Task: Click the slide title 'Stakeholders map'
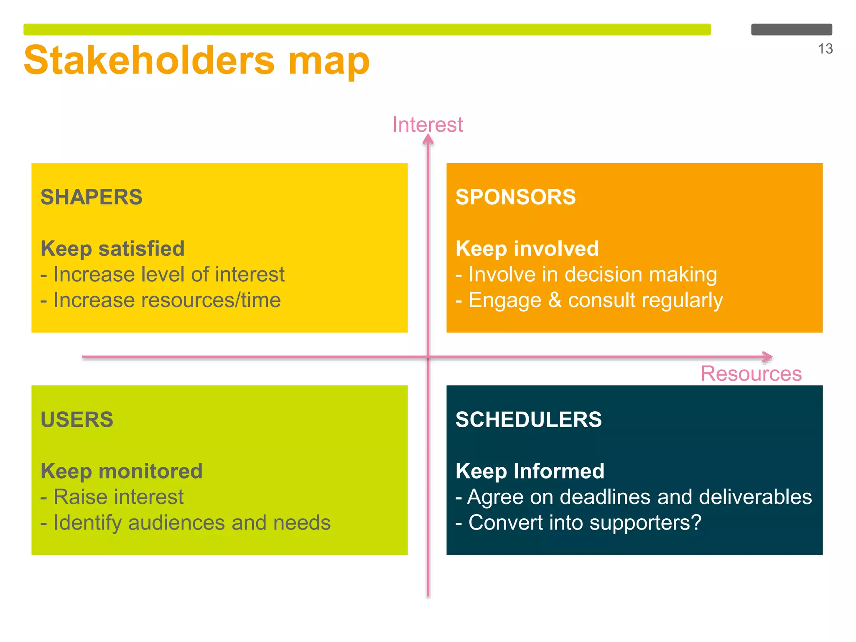coord(196,61)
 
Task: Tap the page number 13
coord(825,49)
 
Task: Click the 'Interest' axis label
coord(427,125)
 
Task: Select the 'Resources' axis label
coord(751,373)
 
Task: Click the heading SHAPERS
coord(92,197)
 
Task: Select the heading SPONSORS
coord(515,197)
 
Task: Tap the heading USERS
coord(77,419)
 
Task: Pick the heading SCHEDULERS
coord(528,419)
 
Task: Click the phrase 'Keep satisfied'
coord(112,249)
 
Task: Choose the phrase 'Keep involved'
coord(527,249)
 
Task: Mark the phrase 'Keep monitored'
coord(122,471)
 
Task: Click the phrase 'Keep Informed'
coord(530,471)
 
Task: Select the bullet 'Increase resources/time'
coord(161,300)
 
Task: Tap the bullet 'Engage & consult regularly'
coord(589,300)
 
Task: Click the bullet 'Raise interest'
coord(112,497)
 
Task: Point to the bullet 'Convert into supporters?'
coord(578,522)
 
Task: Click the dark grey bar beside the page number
coord(791,29)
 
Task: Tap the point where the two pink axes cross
coord(428,357)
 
